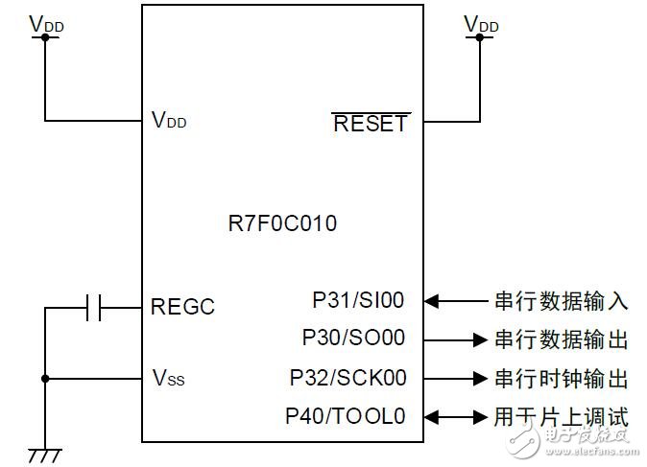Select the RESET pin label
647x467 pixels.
pos(370,123)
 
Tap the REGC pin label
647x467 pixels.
pos(182,308)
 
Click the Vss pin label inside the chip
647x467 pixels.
pos(168,378)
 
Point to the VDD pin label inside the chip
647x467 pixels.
pos(169,121)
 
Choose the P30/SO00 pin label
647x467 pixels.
pos(353,338)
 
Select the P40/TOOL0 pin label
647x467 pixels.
pos(346,416)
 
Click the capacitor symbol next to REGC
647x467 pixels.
pos(94,308)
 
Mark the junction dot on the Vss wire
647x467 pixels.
pos(44,378)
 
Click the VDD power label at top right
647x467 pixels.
pos(480,22)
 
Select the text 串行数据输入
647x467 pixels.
pos(561,301)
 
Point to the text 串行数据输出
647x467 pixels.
pos(561,339)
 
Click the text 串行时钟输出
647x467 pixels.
pos(561,378)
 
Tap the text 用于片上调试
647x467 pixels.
pos(561,416)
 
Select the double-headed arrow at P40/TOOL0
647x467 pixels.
pos(457,416)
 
